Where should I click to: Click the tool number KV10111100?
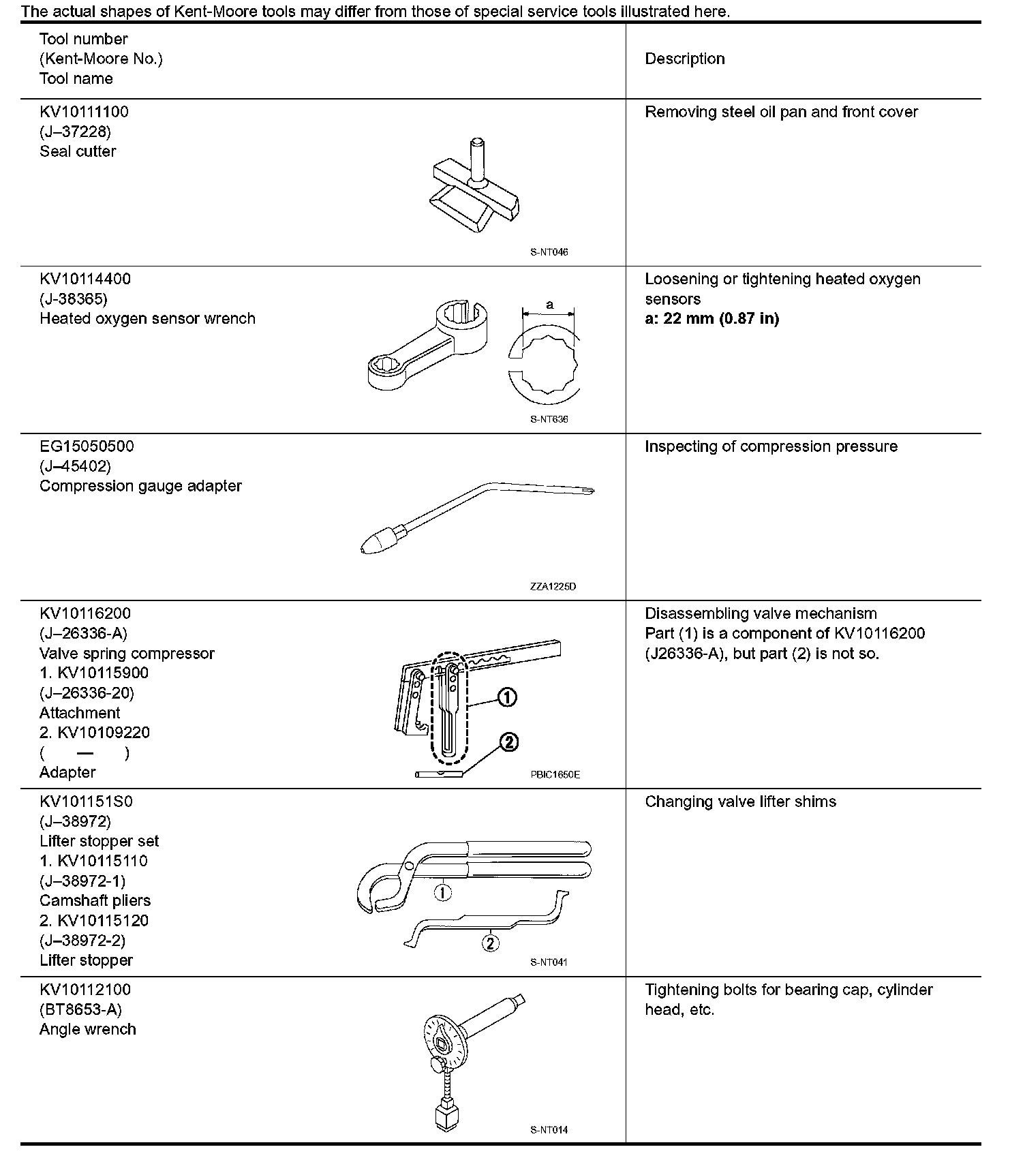pyautogui.click(x=84, y=112)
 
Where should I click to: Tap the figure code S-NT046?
pyautogui.click(x=549, y=252)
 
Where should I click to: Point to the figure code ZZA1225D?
pyautogui.click(x=553, y=586)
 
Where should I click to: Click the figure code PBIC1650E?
pyautogui.click(x=555, y=774)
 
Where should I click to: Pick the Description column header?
pyautogui.click(x=685, y=59)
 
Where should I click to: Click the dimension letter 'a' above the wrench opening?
pyautogui.click(x=549, y=305)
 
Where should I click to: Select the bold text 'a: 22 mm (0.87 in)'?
pyautogui.click(x=712, y=318)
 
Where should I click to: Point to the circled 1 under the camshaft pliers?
pyautogui.click(x=442, y=892)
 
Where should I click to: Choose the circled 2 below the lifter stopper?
pyautogui.click(x=490, y=943)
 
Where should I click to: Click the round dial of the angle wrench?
pyautogui.click(x=442, y=1041)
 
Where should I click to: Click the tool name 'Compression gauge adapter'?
pyautogui.click(x=140, y=486)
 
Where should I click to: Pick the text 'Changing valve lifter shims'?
pyautogui.click(x=740, y=802)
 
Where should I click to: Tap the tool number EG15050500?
pyautogui.click(x=87, y=446)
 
